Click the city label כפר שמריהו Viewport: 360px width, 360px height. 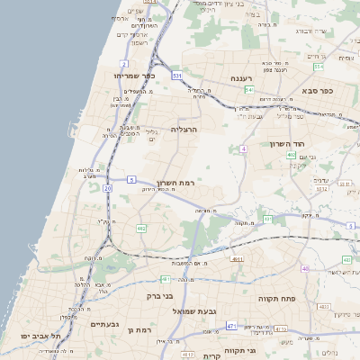coord(134,76)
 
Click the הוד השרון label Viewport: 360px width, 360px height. coord(288,144)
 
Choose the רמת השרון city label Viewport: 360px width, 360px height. coord(175,183)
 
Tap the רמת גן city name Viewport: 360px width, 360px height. coord(144,330)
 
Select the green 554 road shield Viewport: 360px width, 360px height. coord(319,67)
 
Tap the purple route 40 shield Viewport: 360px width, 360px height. coord(305,268)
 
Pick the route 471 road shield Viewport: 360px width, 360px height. coord(231,325)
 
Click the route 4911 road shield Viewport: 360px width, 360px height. coord(237,259)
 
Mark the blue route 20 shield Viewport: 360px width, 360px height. coord(107,187)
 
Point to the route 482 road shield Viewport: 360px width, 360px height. coord(141,229)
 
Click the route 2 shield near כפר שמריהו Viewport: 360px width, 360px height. coord(123,64)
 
